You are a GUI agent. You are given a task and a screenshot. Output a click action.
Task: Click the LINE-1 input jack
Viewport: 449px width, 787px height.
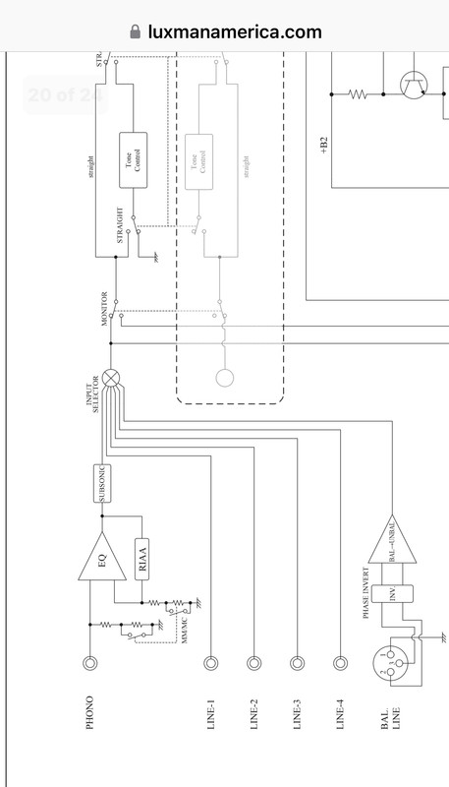tap(210, 663)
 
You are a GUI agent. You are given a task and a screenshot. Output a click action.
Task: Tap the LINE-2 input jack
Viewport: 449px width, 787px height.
tap(253, 663)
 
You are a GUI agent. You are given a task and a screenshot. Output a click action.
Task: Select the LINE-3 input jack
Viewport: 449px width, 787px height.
tap(297, 663)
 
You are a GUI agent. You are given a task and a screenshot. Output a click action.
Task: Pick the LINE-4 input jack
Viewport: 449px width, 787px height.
tap(340, 663)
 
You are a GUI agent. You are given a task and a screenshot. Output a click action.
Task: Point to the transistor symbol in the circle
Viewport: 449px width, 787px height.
tap(412, 88)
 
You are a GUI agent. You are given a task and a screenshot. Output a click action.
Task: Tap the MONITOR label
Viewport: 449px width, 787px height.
tap(104, 316)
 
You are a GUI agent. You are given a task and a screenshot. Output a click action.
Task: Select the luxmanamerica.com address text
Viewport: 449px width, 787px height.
tap(236, 31)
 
